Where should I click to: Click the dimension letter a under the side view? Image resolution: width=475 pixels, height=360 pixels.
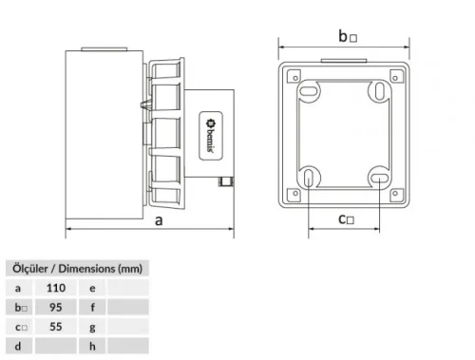click(157, 220)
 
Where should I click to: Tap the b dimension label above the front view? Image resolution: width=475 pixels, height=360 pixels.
click(348, 36)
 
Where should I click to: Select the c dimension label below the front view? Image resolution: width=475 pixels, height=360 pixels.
click(347, 219)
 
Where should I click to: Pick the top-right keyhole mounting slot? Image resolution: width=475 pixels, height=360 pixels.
click(379, 90)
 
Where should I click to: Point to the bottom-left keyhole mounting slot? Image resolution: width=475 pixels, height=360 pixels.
click(311, 178)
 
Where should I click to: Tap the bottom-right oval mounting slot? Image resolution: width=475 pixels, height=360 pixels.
click(378, 177)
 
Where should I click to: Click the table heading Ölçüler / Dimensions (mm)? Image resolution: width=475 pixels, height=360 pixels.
click(75, 268)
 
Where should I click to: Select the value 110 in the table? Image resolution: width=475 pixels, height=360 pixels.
click(56, 287)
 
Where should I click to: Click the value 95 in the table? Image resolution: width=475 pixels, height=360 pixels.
click(56, 307)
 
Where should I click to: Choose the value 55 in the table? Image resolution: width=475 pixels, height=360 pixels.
click(56, 327)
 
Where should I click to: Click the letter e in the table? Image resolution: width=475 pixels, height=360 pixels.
click(91, 287)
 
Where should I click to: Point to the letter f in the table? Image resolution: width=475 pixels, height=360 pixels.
click(91, 307)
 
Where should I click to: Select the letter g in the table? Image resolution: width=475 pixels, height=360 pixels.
click(91, 327)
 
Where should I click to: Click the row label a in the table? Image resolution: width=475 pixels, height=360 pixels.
click(18, 287)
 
